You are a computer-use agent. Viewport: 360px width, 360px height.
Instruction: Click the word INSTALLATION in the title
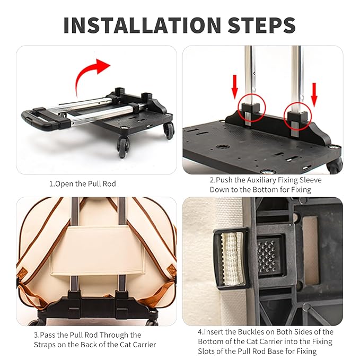click(142, 25)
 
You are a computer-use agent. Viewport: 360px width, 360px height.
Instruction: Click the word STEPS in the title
click(262, 25)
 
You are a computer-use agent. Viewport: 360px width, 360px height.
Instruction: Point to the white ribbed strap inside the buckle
click(231, 259)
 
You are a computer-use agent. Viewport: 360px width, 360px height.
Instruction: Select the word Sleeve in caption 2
click(311, 180)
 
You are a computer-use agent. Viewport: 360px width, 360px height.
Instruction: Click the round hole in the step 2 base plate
click(222, 146)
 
